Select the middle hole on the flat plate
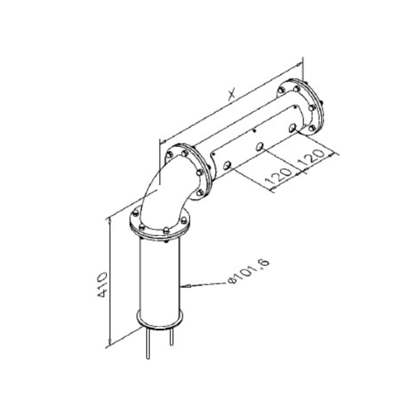click(260, 147)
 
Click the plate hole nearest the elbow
click(227, 165)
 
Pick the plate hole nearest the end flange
click(292, 128)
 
